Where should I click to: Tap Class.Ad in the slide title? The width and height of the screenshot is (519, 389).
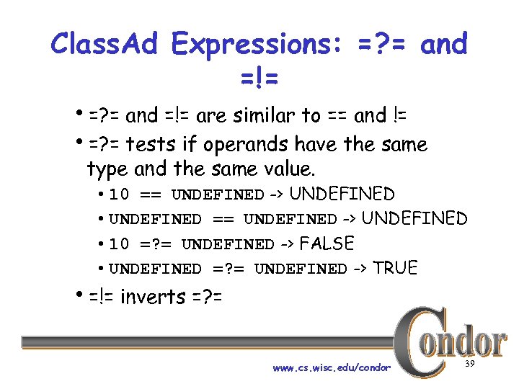tap(107, 45)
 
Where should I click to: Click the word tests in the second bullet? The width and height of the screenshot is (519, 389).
tap(152, 145)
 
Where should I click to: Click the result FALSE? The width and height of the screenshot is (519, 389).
tap(327, 243)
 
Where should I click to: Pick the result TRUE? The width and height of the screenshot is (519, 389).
tap(395, 268)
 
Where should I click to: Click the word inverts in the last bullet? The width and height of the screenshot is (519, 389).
tap(152, 296)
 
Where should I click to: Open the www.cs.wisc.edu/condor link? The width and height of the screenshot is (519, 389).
tap(332, 368)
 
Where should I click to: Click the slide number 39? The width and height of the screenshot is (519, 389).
tap(469, 365)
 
